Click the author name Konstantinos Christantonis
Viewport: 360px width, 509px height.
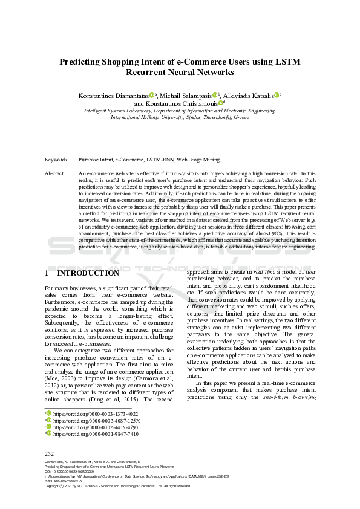tap(180, 103)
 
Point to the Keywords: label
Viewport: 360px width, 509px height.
tap(57, 160)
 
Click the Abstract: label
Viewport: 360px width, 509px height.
tap(55, 173)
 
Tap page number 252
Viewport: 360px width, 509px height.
tap(50, 453)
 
